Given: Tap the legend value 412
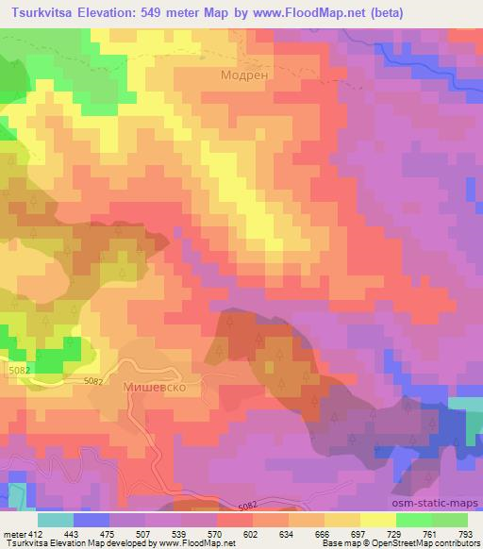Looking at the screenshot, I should (x=36, y=534).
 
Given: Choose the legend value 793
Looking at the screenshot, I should (x=464, y=534).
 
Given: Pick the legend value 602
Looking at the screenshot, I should (x=250, y=534).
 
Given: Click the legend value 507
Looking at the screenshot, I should (x=142, y=534).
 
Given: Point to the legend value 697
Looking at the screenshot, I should (x=358, y=534).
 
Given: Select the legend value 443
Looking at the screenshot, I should (x=72, y=534).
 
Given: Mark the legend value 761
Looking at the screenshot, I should (x=428, y=534).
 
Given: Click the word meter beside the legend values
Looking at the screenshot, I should (x=13, y=534).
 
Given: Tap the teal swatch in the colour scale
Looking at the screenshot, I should (x=56, y=520).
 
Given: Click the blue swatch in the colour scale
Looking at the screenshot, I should (x=92, y=520).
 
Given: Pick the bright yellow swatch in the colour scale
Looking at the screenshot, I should (x=378, y=520).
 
